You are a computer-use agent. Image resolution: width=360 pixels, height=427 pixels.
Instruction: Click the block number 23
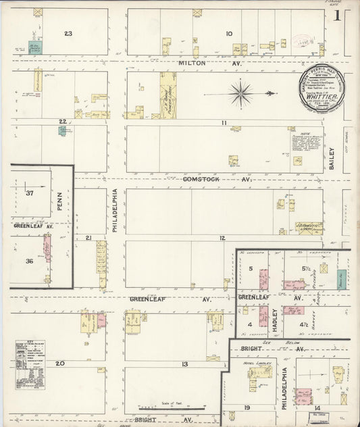tap(68, 33)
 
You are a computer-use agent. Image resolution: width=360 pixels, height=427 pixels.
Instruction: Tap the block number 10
tap(229, 33)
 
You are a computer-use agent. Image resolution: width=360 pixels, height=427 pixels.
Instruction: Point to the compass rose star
tap(241, 93)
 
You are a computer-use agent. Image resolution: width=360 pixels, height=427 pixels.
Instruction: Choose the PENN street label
tap(59, 200)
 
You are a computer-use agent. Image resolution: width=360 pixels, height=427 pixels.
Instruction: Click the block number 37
tap(30, 193)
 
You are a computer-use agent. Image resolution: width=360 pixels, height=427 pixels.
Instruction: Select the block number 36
tap(29, 261)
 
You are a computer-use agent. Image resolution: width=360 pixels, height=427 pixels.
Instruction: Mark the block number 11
tap(223, 122)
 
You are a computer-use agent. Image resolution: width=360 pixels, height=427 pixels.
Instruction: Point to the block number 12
tap(222, 238)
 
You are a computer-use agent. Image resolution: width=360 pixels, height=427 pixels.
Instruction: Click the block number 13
tap(184, 364)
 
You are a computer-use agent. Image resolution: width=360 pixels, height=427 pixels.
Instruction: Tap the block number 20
tap(59, 363)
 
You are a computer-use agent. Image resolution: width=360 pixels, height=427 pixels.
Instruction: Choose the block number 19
tap(248, 407)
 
